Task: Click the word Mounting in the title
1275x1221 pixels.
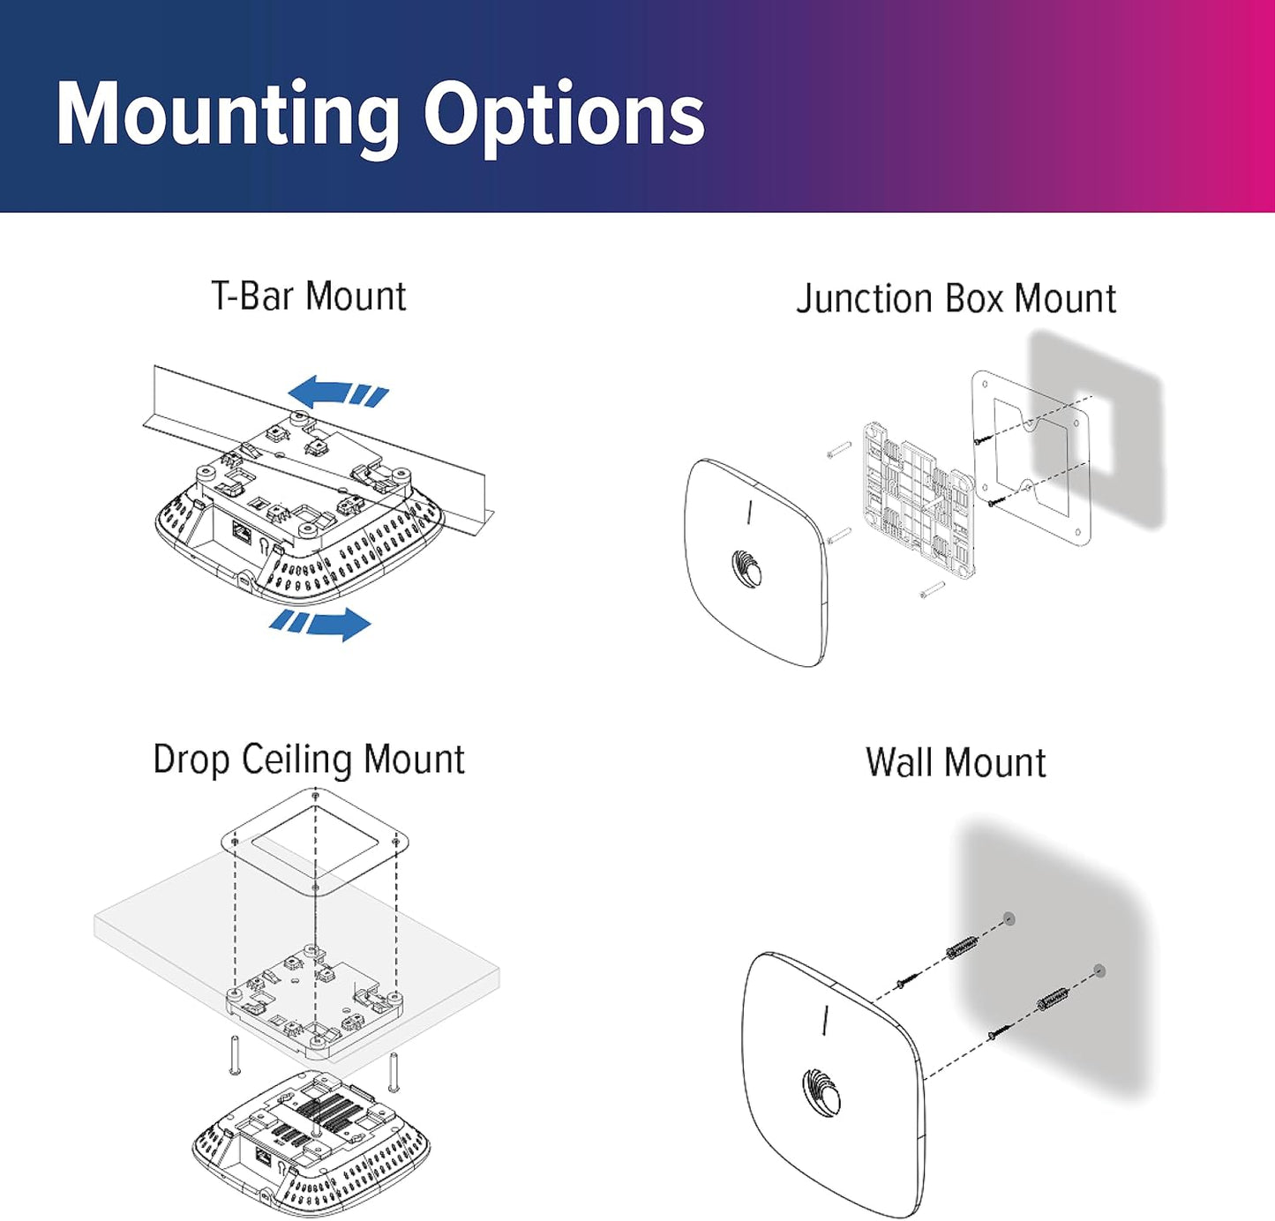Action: pyautogui.click(x=228, y=115)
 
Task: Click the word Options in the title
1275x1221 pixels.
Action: pyautogui.click(x=564, y=115)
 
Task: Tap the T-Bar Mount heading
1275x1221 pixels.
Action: pyautogui.click(x=309, y=296)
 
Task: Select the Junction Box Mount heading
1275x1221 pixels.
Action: pyautogui.click(x=956, y=298)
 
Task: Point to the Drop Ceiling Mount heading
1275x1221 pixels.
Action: pyautogui.click(x=309, y=760)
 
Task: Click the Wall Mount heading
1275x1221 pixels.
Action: pyautogui.click(x=956, y=762)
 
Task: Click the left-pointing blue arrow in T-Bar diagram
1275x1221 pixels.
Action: pyautogui.click(x=337, y=392)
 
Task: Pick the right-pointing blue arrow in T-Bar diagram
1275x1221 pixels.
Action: pyautogui.click(x=321, y=623)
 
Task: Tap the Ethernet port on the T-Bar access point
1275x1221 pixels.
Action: pyautogui.click(x=241, y=531)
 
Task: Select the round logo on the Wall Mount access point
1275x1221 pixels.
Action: pyautogui.click(x=821, y=1092)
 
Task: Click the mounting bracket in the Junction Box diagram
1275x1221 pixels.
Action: pyautogui.click(x=918, y=499)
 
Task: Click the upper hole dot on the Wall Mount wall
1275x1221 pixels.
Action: pyautogui.click(x=1009, y=919)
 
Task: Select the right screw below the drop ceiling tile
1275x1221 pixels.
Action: pyautogui.click(x=394, y=1071)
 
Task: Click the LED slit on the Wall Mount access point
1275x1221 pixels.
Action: pyautogui.click(x=825, y=1020)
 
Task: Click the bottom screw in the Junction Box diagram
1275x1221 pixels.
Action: pyautogui.click(x=932, y=589)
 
